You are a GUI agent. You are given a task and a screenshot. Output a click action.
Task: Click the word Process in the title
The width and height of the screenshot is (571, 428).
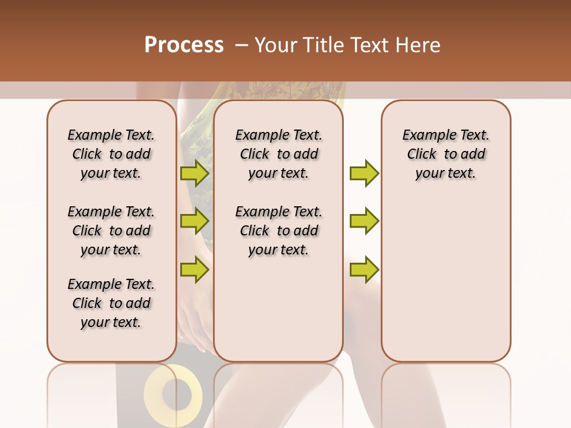184,45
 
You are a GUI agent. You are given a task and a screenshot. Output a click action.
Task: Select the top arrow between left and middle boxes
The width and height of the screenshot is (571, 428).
194,173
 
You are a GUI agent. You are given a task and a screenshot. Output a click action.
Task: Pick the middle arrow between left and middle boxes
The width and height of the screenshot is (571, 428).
194,221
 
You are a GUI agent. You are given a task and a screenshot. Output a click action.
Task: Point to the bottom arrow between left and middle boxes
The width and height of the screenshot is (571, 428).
194,269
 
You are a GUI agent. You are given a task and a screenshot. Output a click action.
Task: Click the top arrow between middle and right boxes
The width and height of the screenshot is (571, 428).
364,173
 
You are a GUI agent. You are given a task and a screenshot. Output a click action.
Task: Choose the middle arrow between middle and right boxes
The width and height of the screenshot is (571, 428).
364,221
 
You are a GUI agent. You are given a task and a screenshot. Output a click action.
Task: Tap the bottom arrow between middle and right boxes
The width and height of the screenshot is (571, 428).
364,269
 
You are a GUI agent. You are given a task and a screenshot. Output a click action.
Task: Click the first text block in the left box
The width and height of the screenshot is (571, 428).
111,154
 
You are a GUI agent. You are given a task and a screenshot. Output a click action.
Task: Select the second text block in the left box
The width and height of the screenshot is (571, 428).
111,231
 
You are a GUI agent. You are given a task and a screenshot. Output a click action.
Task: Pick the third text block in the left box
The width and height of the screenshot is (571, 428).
111,303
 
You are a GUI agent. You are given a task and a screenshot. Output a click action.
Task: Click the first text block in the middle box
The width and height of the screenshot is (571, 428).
278,154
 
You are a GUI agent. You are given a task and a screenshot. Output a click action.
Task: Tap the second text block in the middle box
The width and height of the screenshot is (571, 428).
278,231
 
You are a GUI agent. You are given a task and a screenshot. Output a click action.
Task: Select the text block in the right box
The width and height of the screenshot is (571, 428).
446,154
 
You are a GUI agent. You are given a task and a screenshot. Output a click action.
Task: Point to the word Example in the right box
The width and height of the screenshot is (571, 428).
424,136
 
